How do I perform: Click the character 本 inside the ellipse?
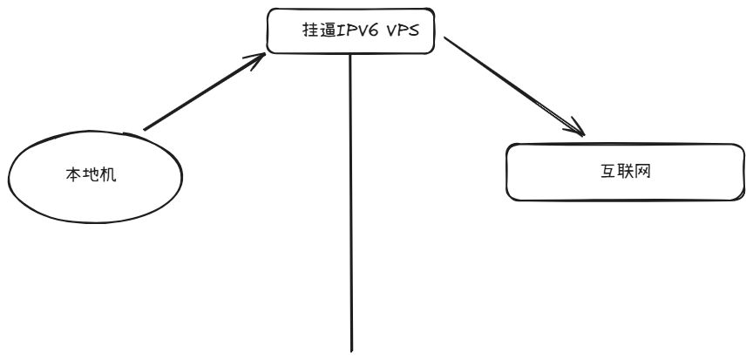coord(76,174)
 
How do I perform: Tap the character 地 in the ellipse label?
coord(92,174)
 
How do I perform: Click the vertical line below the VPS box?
coord(351,200)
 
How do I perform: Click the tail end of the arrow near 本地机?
coord(145,129)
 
